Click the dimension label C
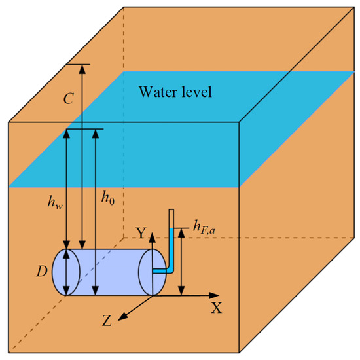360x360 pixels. click(x=68, y=99)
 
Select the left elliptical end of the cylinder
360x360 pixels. click(x=67, y=272)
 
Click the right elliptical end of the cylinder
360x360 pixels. click(x=154, y=272)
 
